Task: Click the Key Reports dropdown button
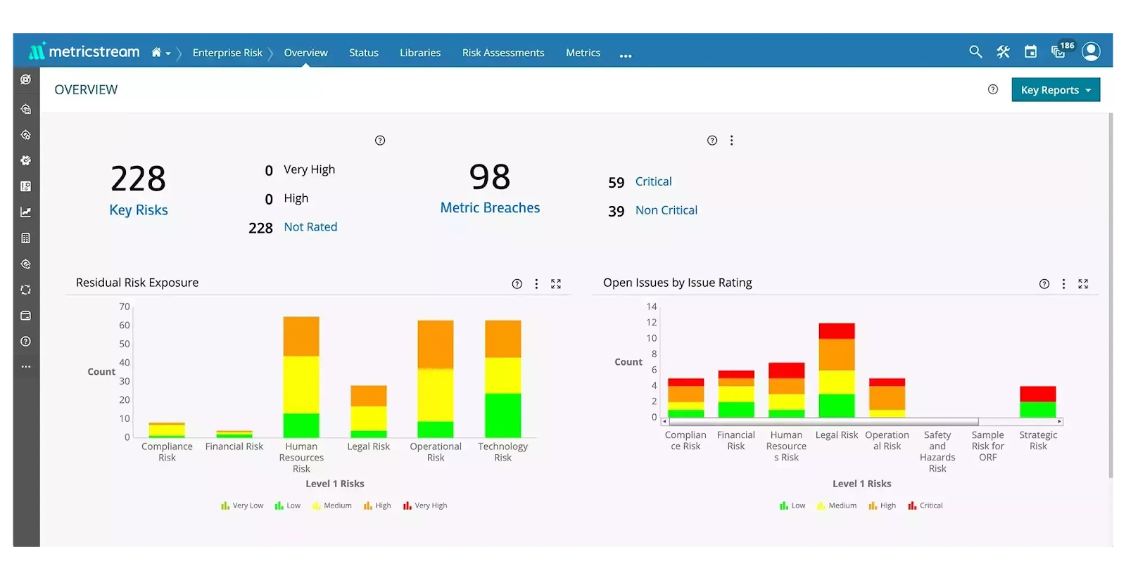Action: point(1055,90)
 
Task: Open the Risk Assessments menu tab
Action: point(502,53)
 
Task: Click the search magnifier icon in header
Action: point(975,52)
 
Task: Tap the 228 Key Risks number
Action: point(138,179)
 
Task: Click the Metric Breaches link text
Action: point(490,208)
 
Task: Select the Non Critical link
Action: point(666,210)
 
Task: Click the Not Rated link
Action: point(310,227)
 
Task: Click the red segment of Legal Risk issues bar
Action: point(836,331)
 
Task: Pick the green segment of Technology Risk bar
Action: point(502,415)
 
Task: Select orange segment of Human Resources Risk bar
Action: point(301,336)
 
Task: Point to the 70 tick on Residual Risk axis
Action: point(125,307)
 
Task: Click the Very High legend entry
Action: point(425,505)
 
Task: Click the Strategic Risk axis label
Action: point(1037,441)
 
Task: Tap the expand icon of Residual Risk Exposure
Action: point(556,284)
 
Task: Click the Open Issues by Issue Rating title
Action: point(677,283)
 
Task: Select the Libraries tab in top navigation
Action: point(420,53)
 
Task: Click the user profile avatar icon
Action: point(1090,51)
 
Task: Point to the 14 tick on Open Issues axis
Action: point(652,307)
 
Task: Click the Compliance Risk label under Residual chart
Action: point(167,452)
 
